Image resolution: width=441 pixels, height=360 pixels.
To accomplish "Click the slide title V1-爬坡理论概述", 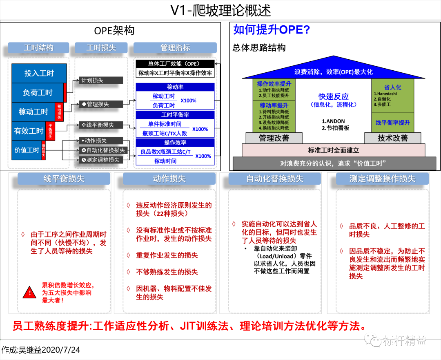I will point(220,10).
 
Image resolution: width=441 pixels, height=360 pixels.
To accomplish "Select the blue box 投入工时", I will point(39,73).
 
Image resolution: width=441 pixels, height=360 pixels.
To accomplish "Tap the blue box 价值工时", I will point(27,150).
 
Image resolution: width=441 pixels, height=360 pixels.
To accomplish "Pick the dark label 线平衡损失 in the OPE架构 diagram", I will point(100,125).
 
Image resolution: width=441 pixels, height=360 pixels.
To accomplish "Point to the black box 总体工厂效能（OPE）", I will point(175,64).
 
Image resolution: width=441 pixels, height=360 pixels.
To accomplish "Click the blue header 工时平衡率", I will point(175,115).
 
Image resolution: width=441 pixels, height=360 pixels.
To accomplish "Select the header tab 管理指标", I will point(175,48).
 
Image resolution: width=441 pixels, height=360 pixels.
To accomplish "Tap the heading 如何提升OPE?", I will point(272,30).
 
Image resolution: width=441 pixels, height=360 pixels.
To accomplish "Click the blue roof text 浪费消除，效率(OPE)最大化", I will point(333,72).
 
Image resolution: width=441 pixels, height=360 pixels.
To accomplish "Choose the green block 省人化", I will point(392,87).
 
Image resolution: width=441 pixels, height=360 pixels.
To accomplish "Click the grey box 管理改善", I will point(274,138).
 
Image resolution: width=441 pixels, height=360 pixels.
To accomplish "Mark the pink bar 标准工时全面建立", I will point(333,150).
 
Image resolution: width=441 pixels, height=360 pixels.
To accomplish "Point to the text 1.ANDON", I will point(333,121).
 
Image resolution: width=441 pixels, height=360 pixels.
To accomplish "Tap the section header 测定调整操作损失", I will point(382,179).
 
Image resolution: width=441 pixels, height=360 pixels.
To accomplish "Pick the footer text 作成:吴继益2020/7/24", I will point(41,350).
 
